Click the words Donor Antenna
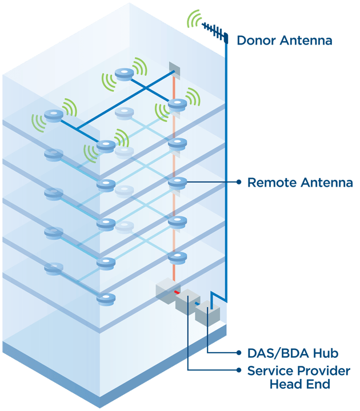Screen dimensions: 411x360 point(284,41)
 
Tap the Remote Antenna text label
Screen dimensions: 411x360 point(299,183)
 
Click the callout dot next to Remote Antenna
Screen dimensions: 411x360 point(239,182)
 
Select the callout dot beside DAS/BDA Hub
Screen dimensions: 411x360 point(239,353)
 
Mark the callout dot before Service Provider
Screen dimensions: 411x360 point(239,370)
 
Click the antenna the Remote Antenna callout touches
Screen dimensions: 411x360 point(177,183)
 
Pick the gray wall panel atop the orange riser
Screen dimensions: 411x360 point(174,70)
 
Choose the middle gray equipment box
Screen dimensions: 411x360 point(187,302)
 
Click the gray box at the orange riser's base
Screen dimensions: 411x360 point(167,289)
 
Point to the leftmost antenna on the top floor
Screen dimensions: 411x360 point(54,115)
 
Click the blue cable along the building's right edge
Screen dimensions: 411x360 point(227,171)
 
